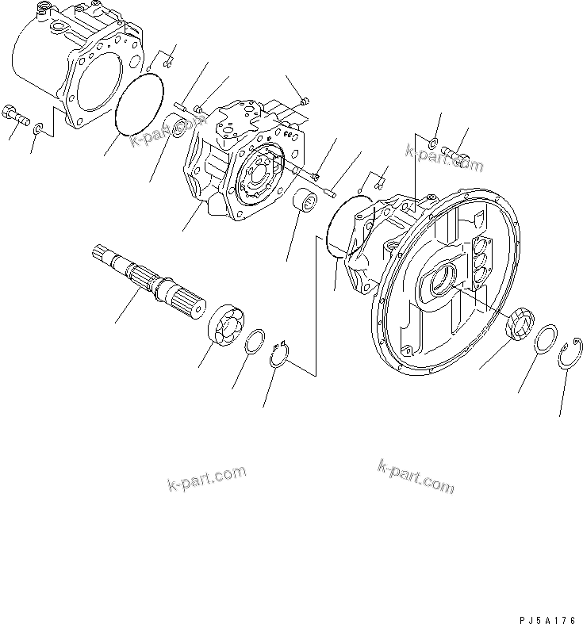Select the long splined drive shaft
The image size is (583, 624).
click(150, 277)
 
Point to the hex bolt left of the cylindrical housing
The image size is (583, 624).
click(15, 116)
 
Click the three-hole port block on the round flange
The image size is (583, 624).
click(481, 261)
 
